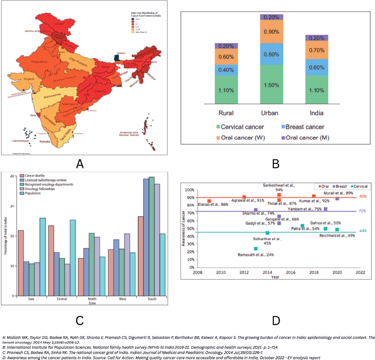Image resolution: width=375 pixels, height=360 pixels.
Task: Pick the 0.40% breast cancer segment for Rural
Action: tap(226, 70)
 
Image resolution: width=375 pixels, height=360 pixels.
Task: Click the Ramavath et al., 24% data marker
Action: tap(256, 248)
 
